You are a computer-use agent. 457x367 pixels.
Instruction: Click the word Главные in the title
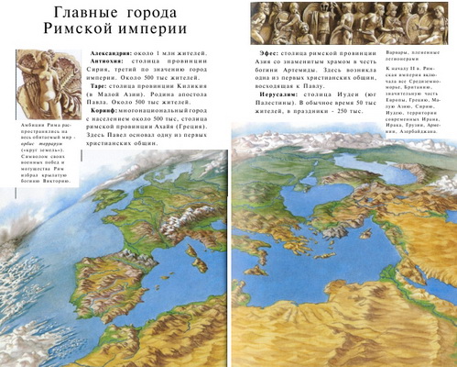click(87, 13)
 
